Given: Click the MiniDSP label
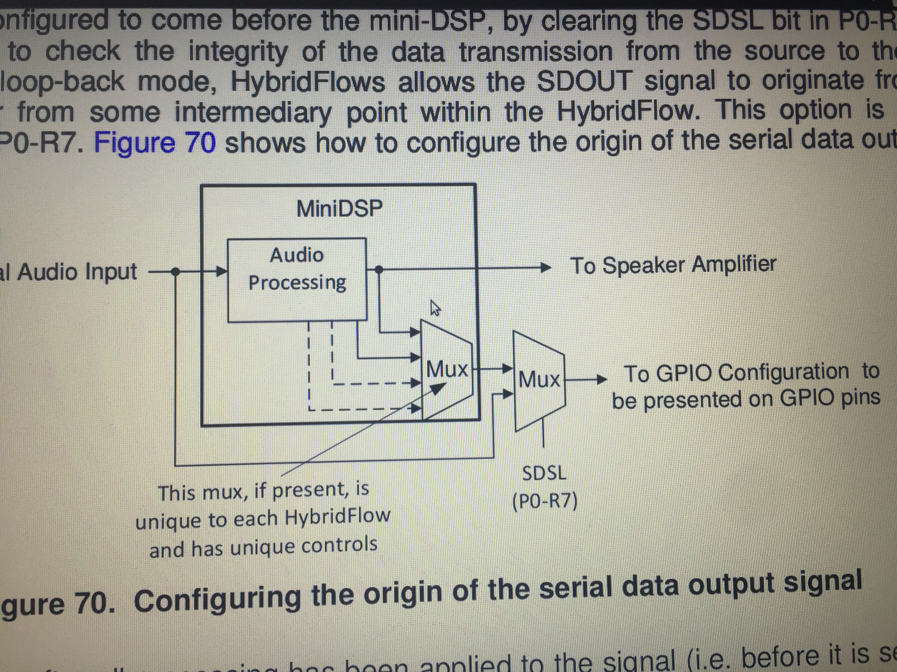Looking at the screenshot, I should point(339,209).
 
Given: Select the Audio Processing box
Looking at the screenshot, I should point(297,279).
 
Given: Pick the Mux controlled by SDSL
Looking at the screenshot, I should point(539,380).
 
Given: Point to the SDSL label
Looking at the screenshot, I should point(544,473).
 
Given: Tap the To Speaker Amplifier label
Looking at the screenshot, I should point(673,265).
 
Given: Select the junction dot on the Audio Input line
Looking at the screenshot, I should point(175,271).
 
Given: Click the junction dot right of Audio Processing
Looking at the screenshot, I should point(378,269).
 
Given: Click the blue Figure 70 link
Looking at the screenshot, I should point(155,142).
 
